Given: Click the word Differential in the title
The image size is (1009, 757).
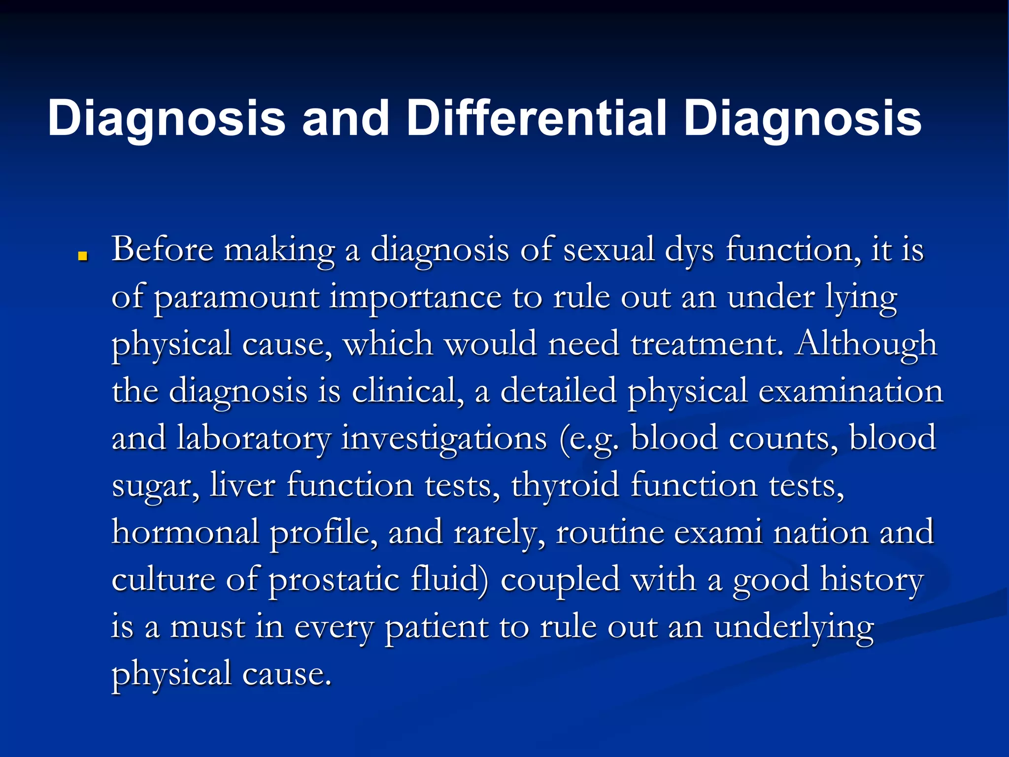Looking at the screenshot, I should (536, 118).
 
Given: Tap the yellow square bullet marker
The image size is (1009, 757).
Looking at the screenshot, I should (83, 256).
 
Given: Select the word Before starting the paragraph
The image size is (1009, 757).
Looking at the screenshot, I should (163, 249).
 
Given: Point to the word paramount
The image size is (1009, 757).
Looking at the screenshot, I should (236, 298).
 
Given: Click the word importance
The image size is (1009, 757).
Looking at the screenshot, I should (415, 298).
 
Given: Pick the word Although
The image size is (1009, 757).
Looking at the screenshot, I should (866, 344).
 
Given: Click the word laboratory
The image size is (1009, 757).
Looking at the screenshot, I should (254, 438).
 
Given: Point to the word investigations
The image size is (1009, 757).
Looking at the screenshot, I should (444, 438).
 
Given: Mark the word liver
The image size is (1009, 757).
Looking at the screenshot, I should (242, 484).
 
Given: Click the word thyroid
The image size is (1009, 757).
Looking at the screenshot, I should (565, 484).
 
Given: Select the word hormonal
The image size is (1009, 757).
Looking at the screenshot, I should (185, 532).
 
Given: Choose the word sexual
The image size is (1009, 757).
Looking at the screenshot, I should (609, 249).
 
